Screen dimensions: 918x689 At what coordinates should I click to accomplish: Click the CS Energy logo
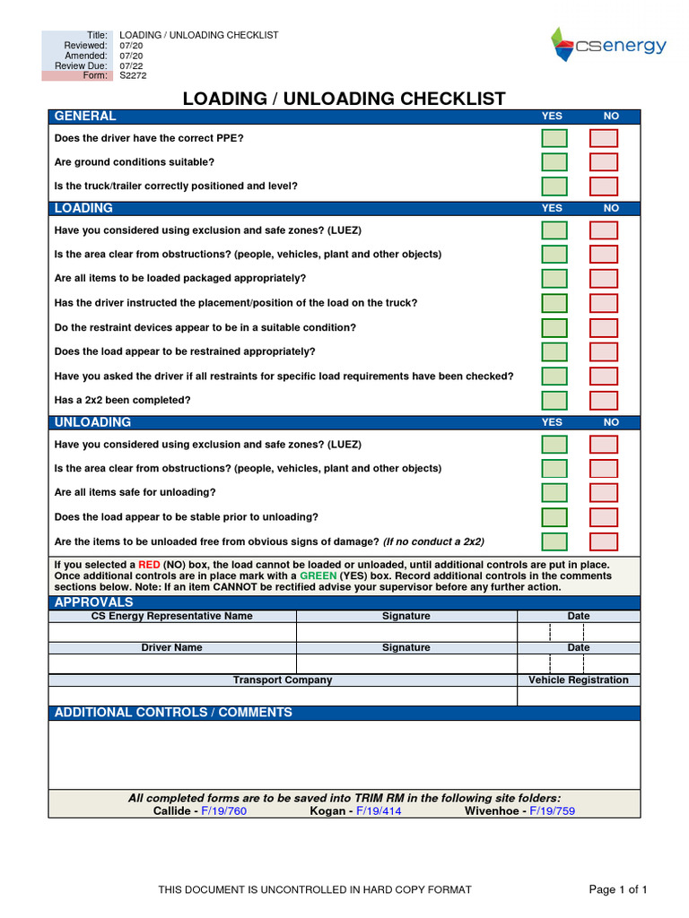pos(607,45)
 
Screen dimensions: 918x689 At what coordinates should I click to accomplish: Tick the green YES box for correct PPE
pos(554,138)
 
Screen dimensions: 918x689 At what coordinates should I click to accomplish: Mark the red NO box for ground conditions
pos(604,162)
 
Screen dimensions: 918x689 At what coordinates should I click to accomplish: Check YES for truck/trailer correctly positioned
pos(554,186)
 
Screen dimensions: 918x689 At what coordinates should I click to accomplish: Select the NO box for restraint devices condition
pos(604,327)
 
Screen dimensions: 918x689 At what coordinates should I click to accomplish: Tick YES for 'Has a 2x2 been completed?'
pos(554,400)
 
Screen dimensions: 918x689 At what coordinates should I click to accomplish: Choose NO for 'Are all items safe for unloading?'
pos(604,492)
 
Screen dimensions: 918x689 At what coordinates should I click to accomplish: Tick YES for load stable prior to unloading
pos(554,517)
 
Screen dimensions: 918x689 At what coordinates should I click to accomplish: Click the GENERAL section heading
pos(85,117)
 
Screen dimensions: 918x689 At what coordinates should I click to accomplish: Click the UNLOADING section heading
pos(92,422)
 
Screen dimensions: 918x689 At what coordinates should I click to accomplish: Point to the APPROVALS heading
pos(93,602)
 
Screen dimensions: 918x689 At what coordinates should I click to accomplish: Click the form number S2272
pos(133,76)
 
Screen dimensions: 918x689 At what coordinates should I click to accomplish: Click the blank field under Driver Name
pos(172,663)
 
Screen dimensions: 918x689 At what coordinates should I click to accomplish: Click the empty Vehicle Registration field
pos(579,697)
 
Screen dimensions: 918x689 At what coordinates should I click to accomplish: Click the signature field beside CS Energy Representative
pos(406,632)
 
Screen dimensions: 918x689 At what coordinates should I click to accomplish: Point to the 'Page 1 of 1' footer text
pos(617,889)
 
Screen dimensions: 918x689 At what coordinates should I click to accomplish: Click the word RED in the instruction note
pos(150,565)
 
